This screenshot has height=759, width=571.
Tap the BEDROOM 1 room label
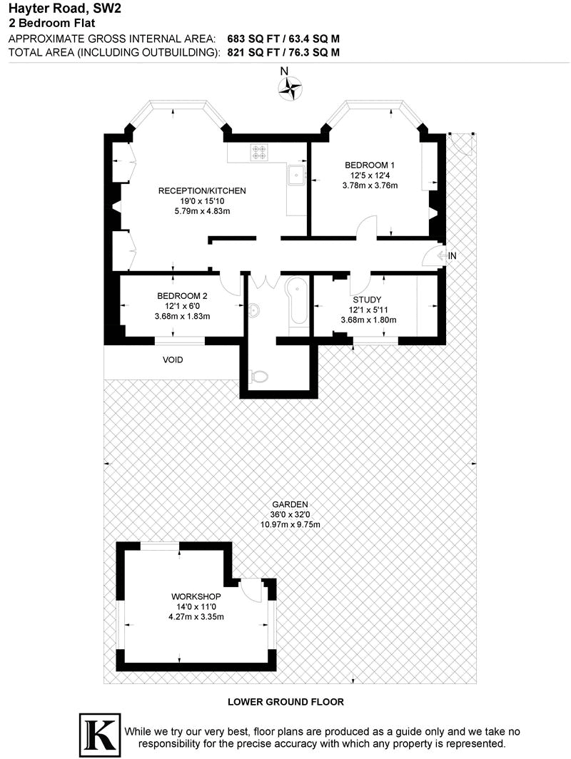click(369, 165)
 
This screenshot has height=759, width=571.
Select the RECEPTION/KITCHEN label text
click(202, 190)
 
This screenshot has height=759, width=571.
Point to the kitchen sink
click(296, 174)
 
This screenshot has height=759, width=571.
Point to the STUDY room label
click(365, 300)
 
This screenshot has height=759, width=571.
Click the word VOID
click(172, 360)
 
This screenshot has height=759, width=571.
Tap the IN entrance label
click(452, 255)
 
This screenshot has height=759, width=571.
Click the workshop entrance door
click(251, 589)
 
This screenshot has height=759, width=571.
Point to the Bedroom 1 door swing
click(365, 228)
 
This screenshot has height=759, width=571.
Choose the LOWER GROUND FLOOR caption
click(285, 702)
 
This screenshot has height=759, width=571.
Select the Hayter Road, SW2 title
click(51, 9)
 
